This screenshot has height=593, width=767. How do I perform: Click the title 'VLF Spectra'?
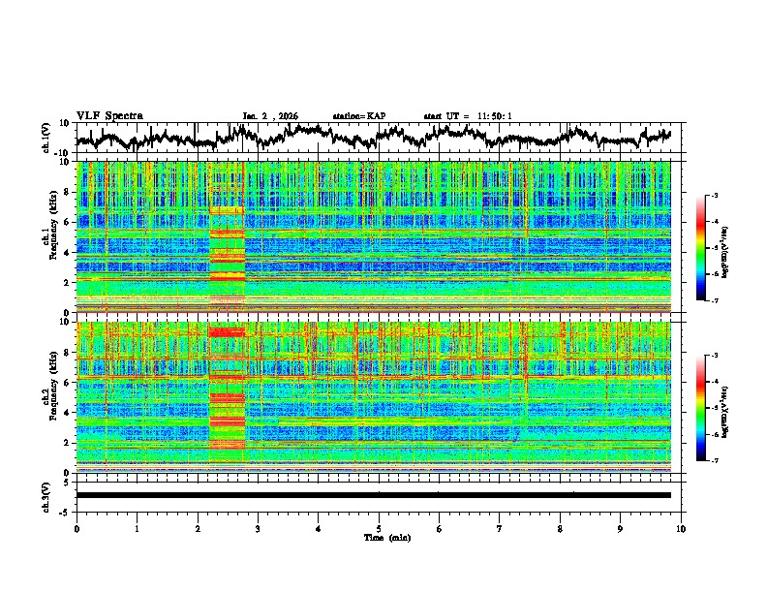pos(109,115)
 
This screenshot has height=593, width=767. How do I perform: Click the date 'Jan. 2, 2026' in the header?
pos(270,116)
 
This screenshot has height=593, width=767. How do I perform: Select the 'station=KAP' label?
pos(358,116)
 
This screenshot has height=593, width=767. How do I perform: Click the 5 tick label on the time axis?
pos(379,529)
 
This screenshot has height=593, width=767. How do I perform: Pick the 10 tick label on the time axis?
pos(681,529)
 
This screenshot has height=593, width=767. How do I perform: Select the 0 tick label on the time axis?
pos(77,529)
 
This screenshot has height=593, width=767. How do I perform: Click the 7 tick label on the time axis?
pos(500,529)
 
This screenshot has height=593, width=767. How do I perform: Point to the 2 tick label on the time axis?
pos(198,529)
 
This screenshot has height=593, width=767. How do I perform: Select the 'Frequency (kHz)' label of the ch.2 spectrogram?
pos(55,395)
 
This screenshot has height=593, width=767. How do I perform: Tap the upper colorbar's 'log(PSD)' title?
pos(724,249)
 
